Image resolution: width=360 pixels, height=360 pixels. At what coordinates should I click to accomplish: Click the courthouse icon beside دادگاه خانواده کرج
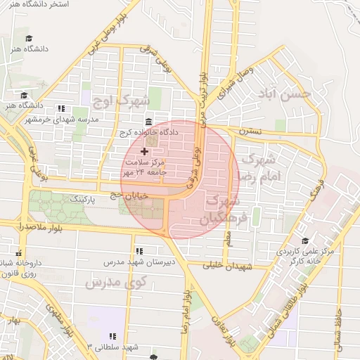[148, 121]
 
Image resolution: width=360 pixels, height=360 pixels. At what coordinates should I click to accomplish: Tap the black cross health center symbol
[145, 151]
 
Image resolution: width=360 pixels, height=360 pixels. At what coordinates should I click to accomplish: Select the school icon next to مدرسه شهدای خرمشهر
[61, 108]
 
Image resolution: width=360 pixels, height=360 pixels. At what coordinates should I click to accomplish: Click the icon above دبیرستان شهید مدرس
[139, 250]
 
